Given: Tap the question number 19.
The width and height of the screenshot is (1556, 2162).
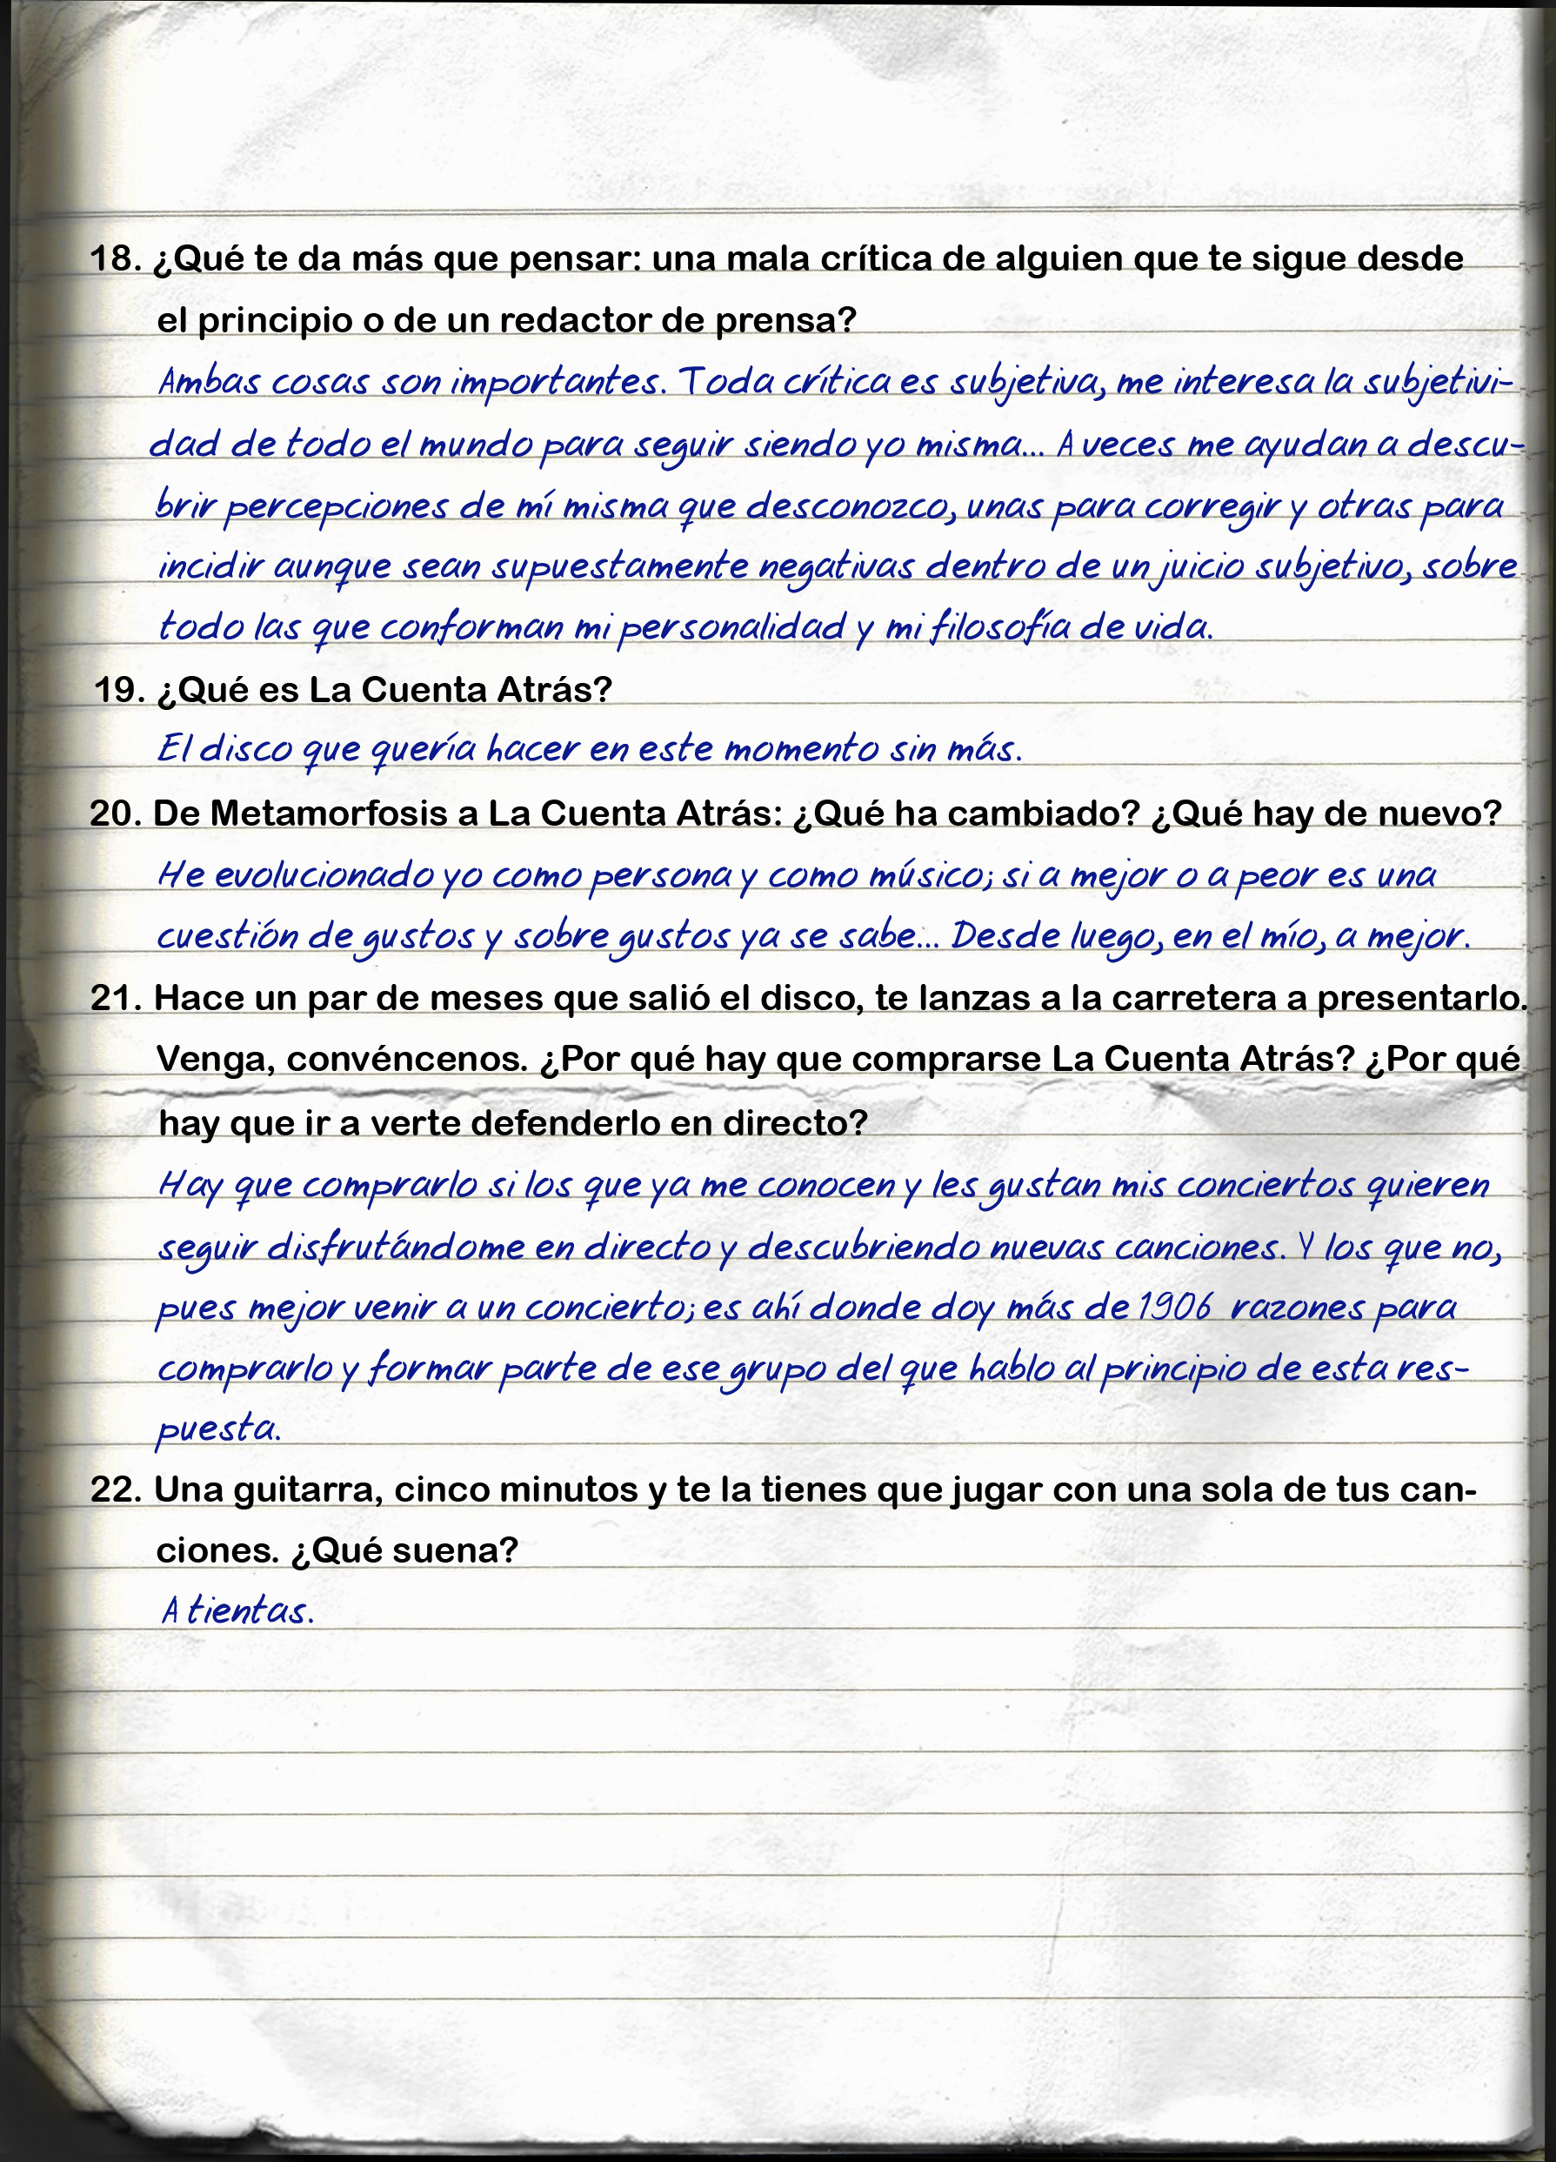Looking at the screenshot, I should pos(118,689).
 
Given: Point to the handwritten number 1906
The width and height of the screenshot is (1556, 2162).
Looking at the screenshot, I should pos(1173,1307).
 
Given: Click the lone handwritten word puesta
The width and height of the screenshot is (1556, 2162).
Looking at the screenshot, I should pos(217,1429).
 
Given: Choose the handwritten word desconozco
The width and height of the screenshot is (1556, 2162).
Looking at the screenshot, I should pos(850,506).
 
